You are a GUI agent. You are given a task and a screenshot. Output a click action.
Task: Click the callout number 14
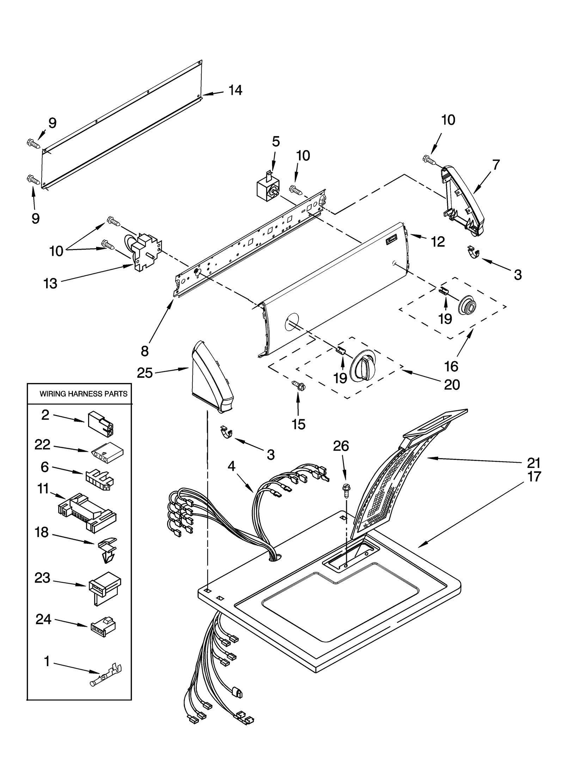click(235, 90)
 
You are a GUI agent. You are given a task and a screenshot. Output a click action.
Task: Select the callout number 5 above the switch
click(276, 141)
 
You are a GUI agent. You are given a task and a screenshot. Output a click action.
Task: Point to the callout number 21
click(533, 462)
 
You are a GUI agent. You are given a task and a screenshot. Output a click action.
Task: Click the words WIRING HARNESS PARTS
click(83, 394)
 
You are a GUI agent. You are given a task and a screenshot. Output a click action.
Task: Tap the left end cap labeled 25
click(211, 377)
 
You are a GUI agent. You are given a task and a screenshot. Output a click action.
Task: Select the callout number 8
click(145, 351)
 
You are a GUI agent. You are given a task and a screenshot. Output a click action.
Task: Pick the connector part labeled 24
click(103, 626)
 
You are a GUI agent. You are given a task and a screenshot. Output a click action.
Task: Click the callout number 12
click(437, 242)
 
